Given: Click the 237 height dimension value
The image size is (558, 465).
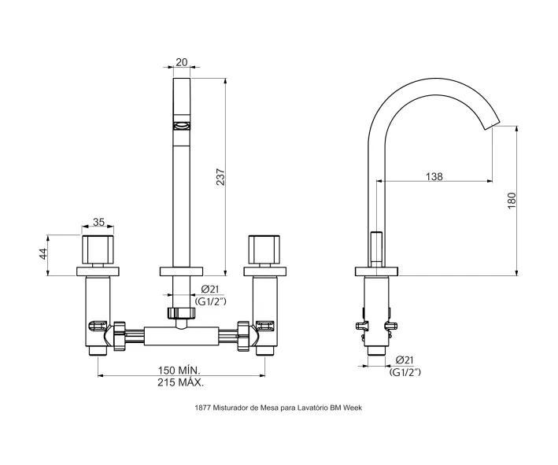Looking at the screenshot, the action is pos(221,176).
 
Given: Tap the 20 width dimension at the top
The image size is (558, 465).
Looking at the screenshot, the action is pos(182,62).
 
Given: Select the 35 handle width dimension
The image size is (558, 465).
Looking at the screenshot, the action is pos(98,222).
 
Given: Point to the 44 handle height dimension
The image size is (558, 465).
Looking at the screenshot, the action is pos(43,254).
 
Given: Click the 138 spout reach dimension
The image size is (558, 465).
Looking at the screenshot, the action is pos(434,176).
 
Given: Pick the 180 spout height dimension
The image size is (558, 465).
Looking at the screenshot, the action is pos(512,201).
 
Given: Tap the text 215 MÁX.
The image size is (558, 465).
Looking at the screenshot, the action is pos(181,383).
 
